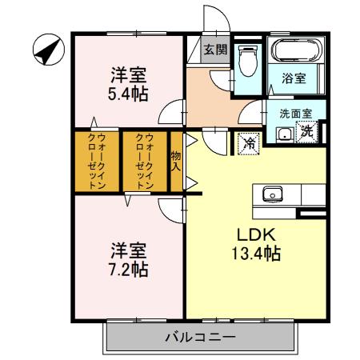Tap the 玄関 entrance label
[214, 50]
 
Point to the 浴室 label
[294, 78]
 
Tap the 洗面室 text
[295, 114]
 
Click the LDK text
[255, 235]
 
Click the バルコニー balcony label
[201, 337]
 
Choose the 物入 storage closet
[176, 161]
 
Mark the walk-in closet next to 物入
[144, 161]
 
